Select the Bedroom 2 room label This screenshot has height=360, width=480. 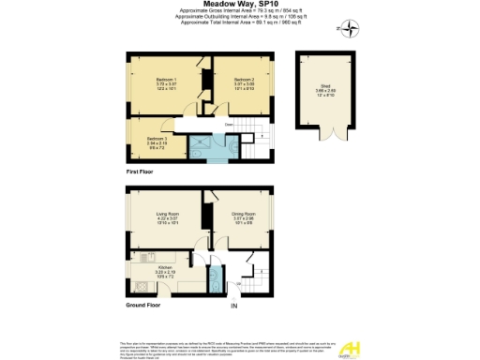coord(244,83)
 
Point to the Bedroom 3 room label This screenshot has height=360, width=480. coord(143,142)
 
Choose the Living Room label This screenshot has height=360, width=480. coord(167,218)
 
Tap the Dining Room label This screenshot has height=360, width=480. coord(244,218)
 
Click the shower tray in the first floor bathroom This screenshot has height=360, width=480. coord(200,145)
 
